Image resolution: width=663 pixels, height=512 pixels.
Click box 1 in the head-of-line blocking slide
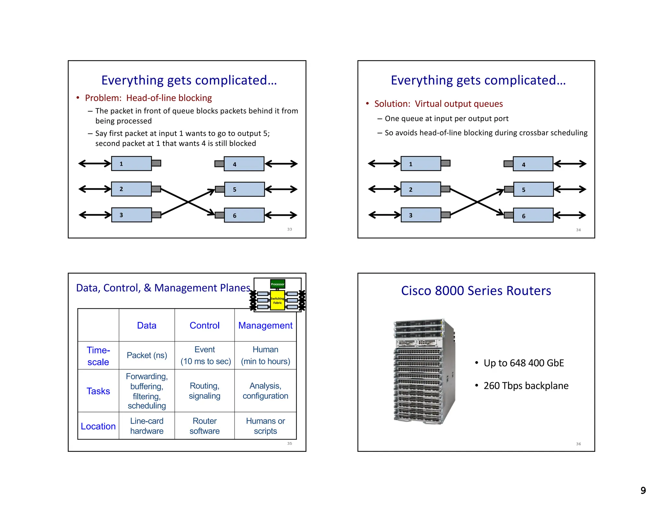131,163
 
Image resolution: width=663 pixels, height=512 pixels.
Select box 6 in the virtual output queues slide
533,216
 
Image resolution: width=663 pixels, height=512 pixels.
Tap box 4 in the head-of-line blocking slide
244,164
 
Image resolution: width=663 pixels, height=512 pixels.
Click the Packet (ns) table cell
147,355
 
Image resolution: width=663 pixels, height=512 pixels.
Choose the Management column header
265,325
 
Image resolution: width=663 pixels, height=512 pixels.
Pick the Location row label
98,426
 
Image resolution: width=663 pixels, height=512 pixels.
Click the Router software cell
204,426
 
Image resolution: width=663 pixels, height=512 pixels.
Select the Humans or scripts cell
265,426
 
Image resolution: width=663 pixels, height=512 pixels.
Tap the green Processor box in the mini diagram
277,284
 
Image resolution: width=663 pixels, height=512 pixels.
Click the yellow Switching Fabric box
277,301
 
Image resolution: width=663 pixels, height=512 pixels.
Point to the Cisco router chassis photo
424,371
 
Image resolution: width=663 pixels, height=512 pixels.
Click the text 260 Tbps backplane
526,386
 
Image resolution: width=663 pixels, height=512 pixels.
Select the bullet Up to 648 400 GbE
523,363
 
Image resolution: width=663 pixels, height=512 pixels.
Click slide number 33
289,229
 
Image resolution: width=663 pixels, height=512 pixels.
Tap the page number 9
643,490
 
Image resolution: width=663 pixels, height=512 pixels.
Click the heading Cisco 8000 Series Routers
476,291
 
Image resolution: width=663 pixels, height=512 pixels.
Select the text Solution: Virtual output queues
438,104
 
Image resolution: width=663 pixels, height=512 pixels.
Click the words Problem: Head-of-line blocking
148,98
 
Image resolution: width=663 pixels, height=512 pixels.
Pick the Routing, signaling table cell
204,391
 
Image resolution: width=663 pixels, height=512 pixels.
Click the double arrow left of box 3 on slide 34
384,215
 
